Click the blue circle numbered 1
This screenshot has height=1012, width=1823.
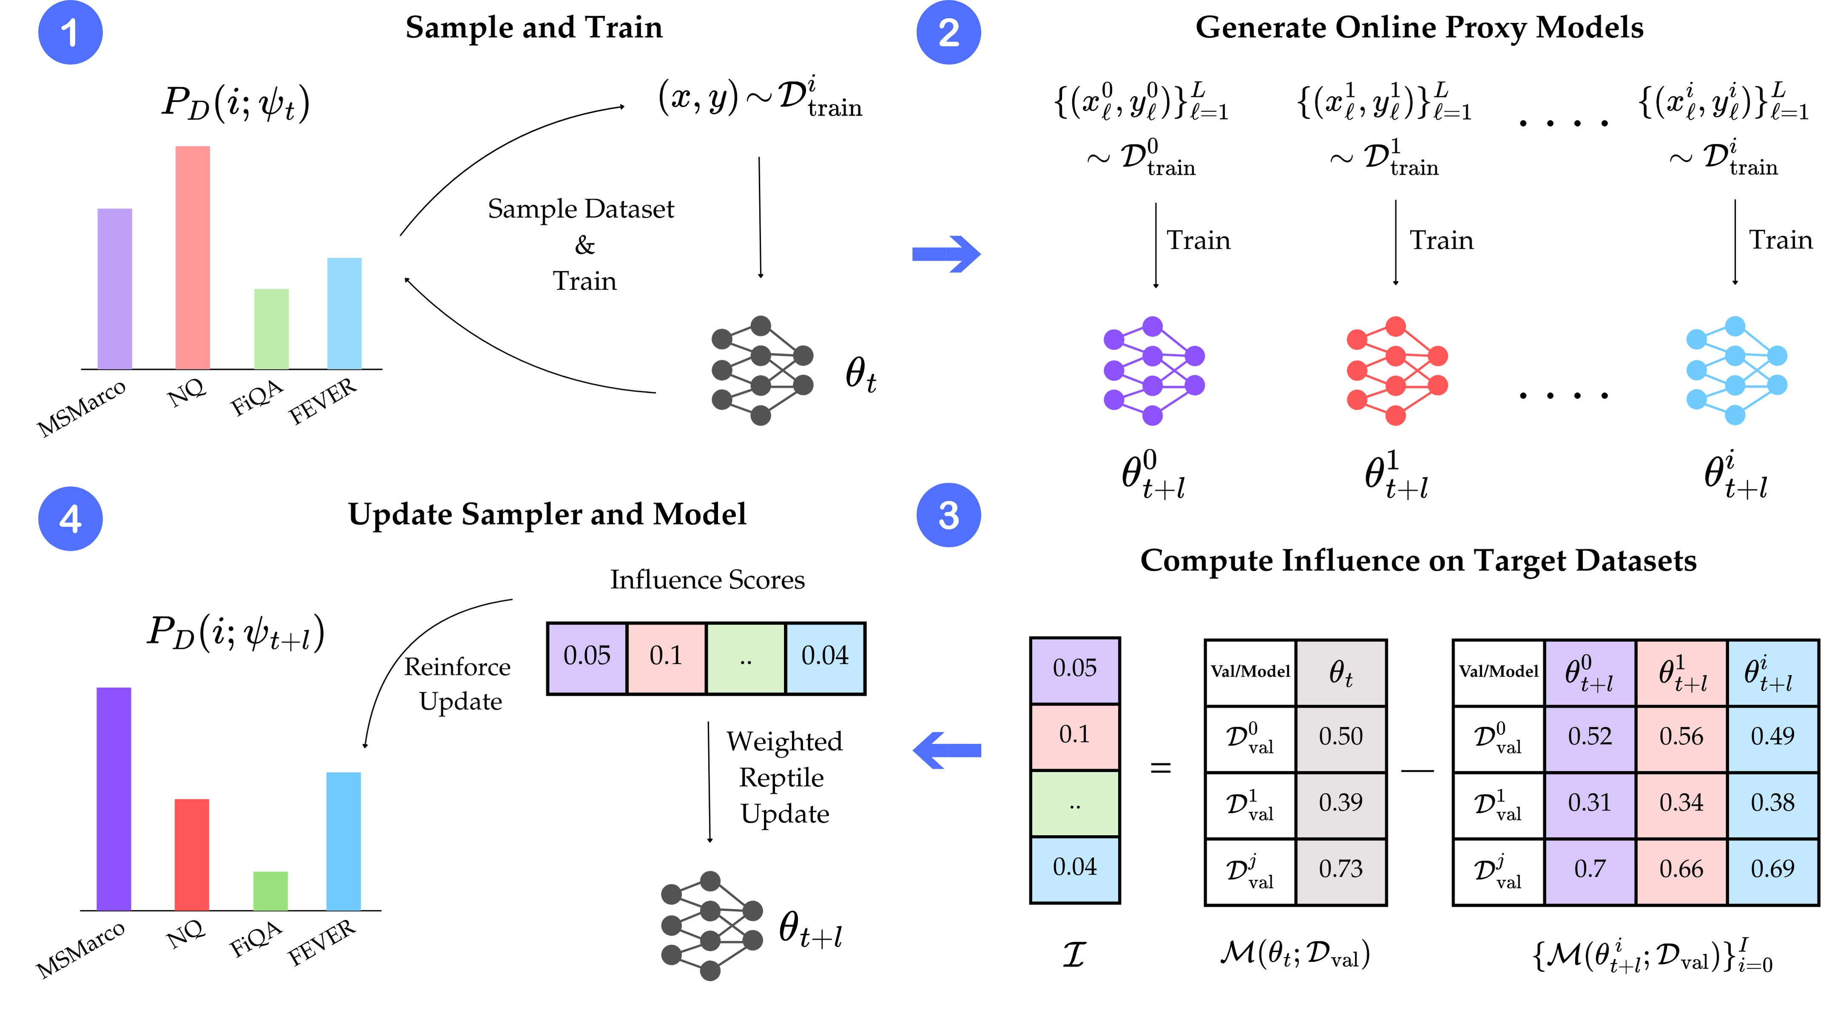(x=70, y=33)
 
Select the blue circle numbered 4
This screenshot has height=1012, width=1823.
(x=70, y=519)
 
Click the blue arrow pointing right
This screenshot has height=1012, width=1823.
(x=946, y=254)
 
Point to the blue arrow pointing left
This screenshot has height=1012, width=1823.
(x=946, y=750)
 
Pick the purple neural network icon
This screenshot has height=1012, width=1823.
(x=1154, y=371)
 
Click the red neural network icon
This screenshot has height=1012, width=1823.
(x=1397, y=371)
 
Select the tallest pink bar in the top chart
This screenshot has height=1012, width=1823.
(x=193, y=257)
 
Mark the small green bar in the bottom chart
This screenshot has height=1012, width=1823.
(x=271, y=890)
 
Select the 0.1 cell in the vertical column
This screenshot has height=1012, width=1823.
(x=1074, y=735)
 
